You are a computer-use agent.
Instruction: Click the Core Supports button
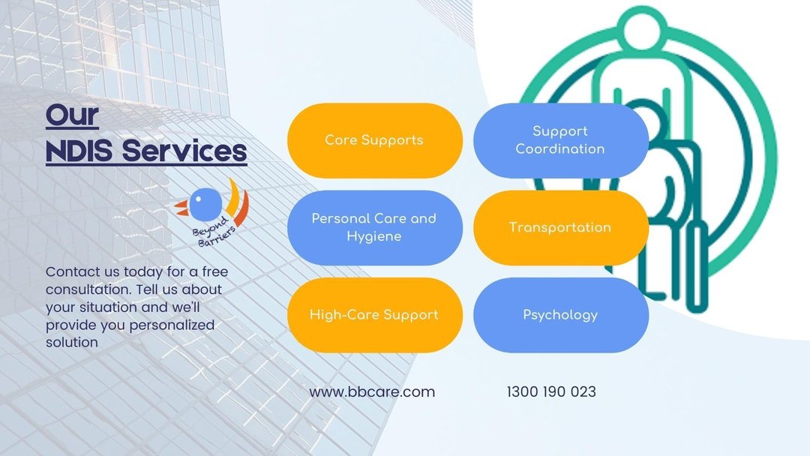374,140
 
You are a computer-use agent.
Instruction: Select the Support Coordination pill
561,140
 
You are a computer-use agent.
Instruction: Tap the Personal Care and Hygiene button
374,228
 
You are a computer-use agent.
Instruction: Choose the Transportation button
561,228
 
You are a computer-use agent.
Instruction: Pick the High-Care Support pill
374,315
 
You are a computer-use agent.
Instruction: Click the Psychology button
561,315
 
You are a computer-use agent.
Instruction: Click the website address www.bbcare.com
372,392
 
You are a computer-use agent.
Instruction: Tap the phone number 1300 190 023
551,392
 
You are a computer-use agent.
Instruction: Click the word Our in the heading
72,115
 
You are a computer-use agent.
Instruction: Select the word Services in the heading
184,151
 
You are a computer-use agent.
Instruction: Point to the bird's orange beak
181,208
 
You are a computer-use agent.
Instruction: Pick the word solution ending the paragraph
72,343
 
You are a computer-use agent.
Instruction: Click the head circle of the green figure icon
641,29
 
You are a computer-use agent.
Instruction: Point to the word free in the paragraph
215,271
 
